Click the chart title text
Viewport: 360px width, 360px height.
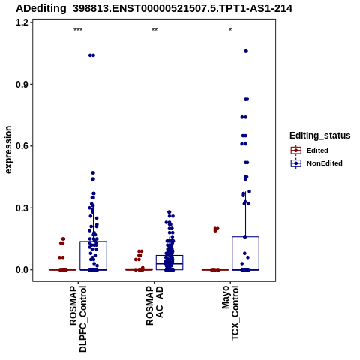point(154,9)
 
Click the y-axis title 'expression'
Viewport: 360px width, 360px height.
point(8,150)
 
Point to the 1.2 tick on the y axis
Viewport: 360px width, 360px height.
point(22,22)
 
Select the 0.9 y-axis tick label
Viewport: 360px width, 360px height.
point(22,84)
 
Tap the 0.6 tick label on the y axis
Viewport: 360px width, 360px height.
point(22,146)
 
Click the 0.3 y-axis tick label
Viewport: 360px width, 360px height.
point(22,208)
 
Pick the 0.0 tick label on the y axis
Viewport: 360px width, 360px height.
point(22,270)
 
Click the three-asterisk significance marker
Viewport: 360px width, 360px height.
point(78,30)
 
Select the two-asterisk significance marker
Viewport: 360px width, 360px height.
point(154,30)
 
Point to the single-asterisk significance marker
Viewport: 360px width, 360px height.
point(230,30)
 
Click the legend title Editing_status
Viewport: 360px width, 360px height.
point(320,136)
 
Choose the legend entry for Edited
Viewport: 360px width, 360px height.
point(310,151)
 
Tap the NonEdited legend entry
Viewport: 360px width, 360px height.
point(316,163)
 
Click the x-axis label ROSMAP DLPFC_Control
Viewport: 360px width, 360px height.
point(78,319)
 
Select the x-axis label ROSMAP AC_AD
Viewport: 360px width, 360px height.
point(154,305)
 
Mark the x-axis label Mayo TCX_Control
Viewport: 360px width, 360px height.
point(230,313)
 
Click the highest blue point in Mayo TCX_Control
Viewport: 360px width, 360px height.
point(246,51)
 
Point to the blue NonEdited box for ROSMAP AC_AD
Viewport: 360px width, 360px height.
point(169,255)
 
